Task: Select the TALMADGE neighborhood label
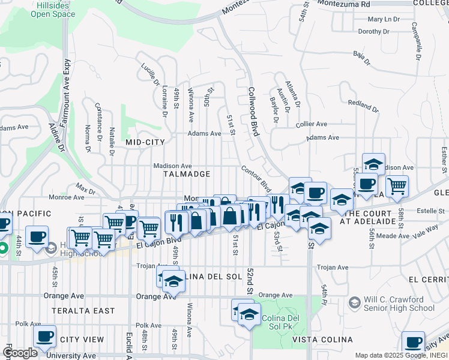pyautogui.click(x=187, y=174)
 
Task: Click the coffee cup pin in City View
pyautogui.click(x=44, y=336)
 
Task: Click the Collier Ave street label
pyautogui.click(x=312, y=124)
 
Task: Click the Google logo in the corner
pyautogui.click(x=20, y=353)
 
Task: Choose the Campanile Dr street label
pyautogui.click(x=414, y=42)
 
